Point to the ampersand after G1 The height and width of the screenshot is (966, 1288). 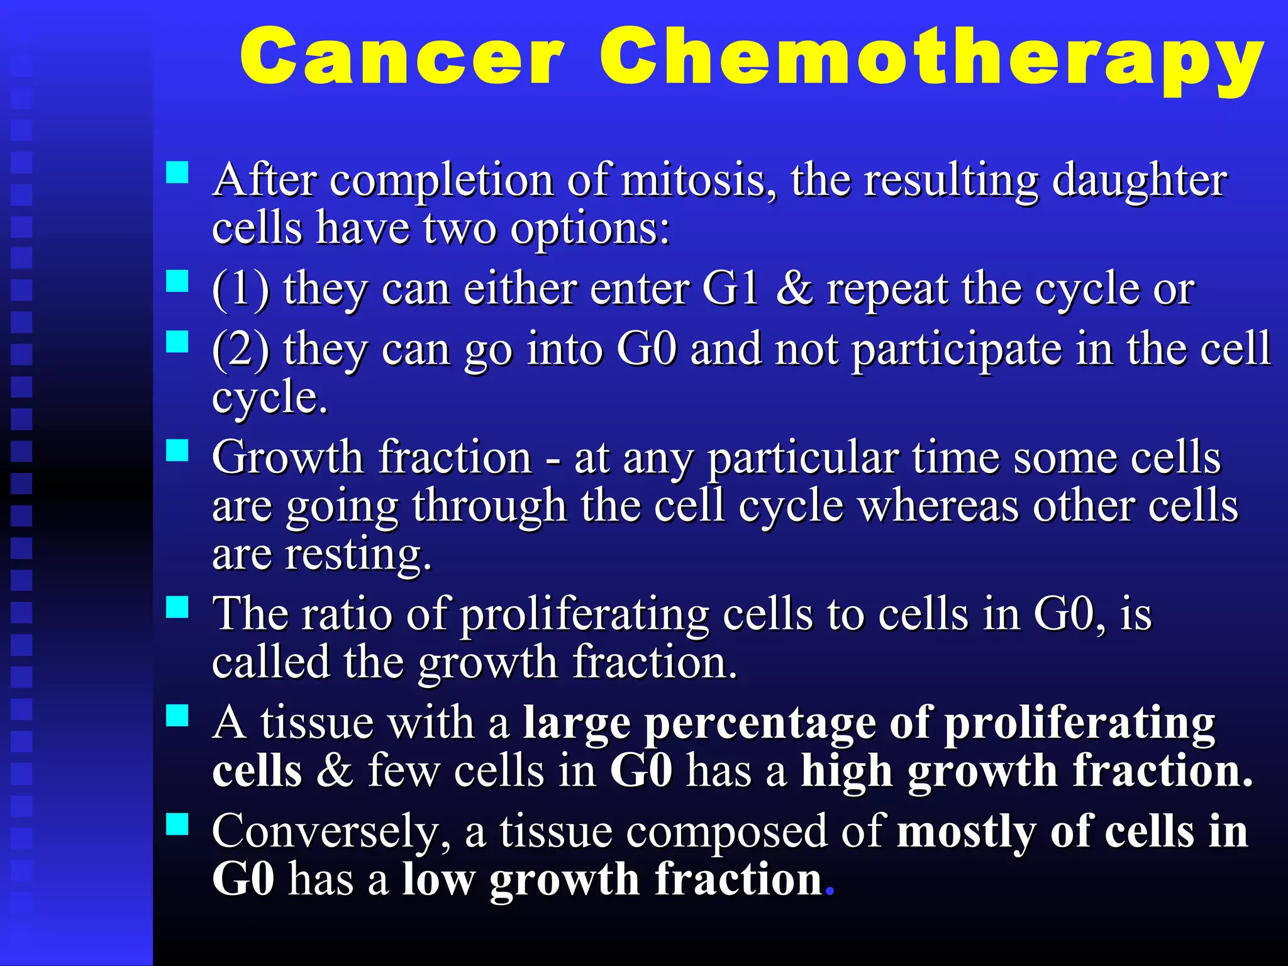pos(794,289)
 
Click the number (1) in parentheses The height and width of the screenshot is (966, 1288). pos(240,290)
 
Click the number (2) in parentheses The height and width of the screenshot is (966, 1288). pos(240,350)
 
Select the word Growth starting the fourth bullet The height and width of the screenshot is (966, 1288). pos(287,458)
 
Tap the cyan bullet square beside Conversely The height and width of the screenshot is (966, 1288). pos(177,823)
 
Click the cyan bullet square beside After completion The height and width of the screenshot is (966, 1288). pos(177,172)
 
